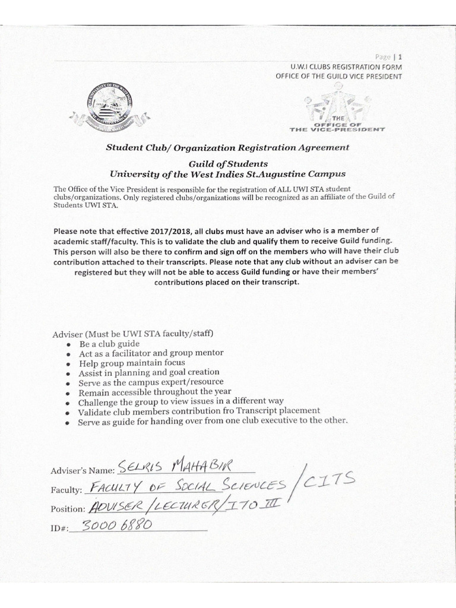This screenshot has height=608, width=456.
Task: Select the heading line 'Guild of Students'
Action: (x=227, y=163)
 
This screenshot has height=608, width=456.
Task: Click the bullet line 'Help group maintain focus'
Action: (x=132, y=363)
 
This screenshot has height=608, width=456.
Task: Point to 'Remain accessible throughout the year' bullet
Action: (x=154, y=392)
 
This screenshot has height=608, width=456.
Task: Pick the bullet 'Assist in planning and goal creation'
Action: (x=149, y=373)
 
